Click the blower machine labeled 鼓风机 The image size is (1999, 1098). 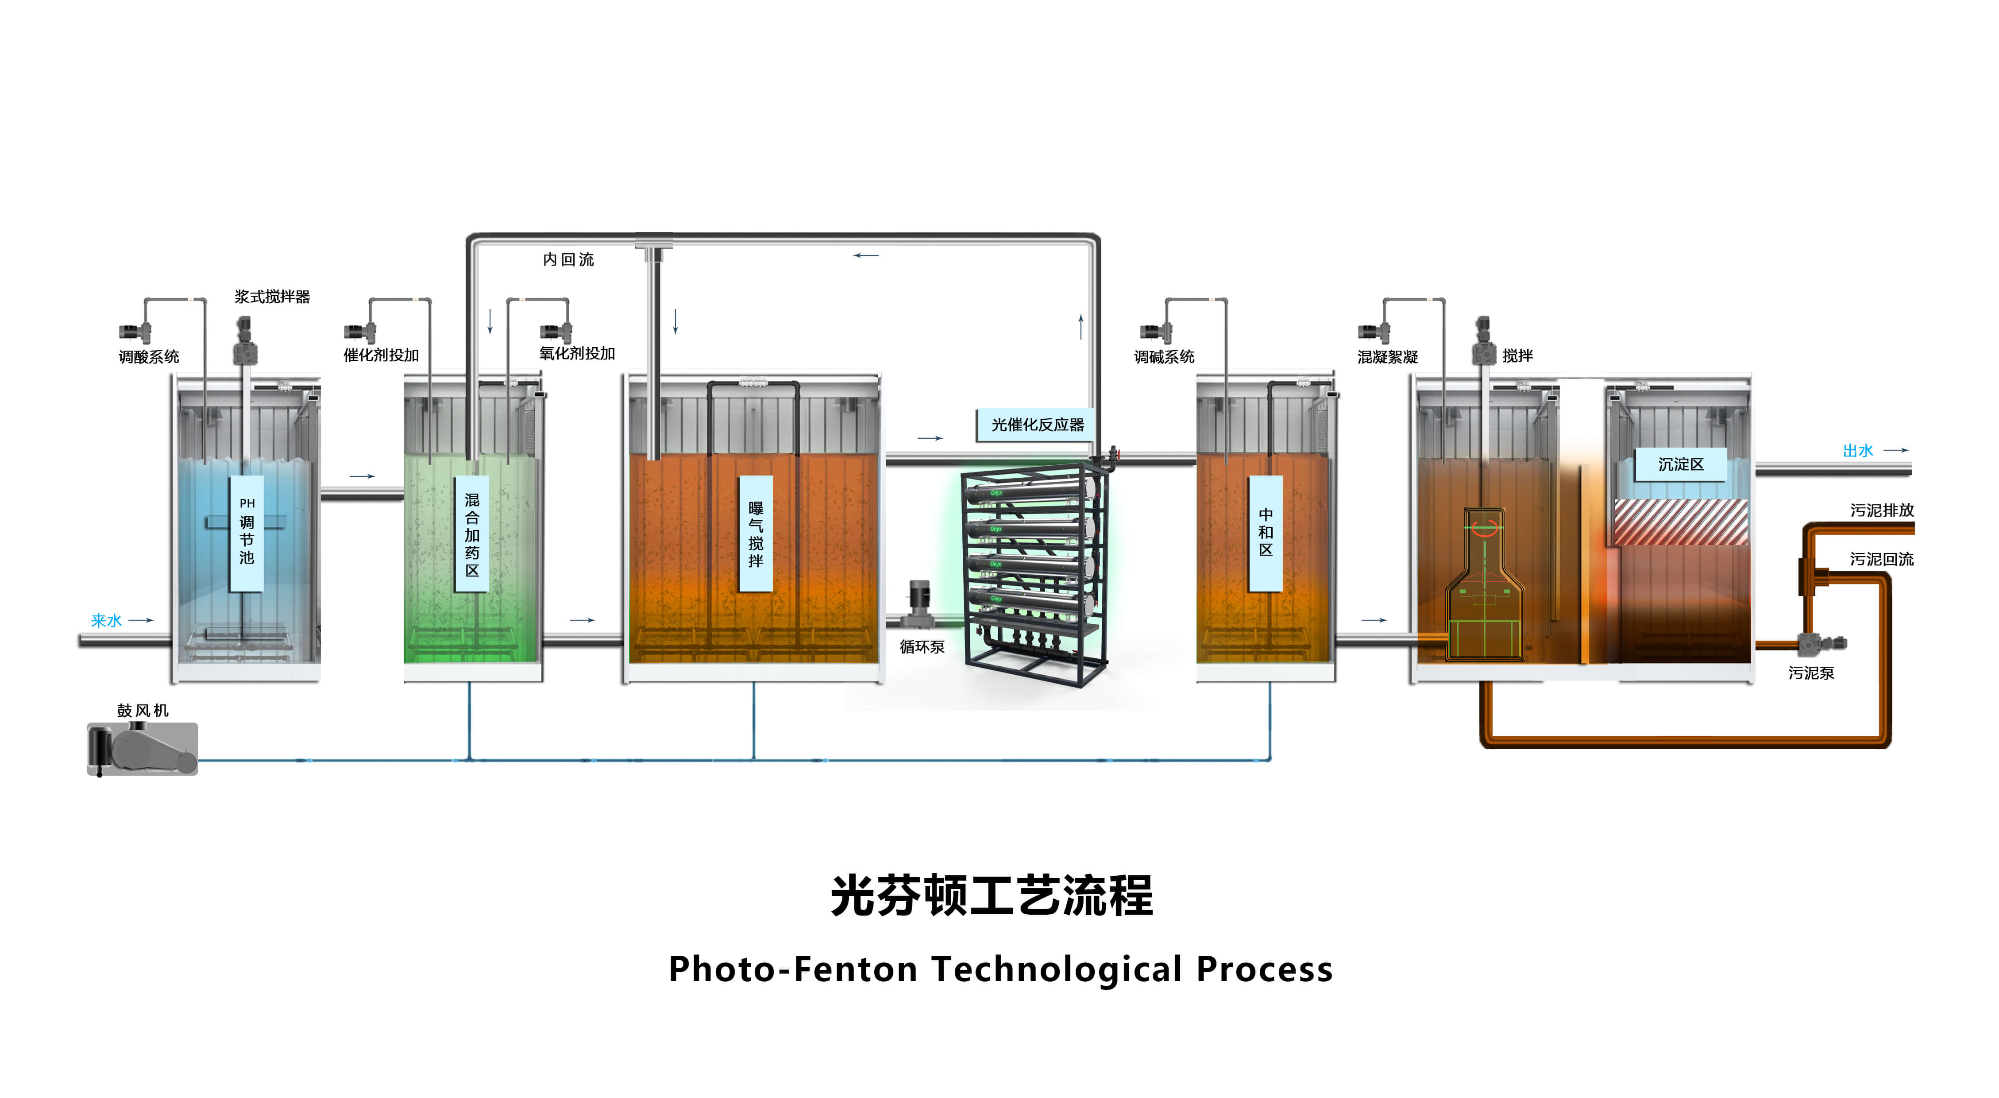pyautogui.click(x=142, y=749)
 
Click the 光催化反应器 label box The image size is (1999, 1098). pyautogui.click(x=1037, y=425)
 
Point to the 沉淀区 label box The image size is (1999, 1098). pyautogui.click(x=1680, y=464)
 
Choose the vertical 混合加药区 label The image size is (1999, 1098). pyautogui.click(x=472, y=534)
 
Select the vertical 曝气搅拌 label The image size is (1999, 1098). pyautogui.click(x=755, y=534)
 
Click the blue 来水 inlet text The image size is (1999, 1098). pyautogui.click(x=106, y=621)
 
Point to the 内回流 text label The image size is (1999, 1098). pyautogui.click(x=568, y=259)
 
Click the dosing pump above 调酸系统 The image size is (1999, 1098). pyautogui.click(x=135, y=332)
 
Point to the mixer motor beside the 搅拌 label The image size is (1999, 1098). pyautogui.click(x=1483, y=341)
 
